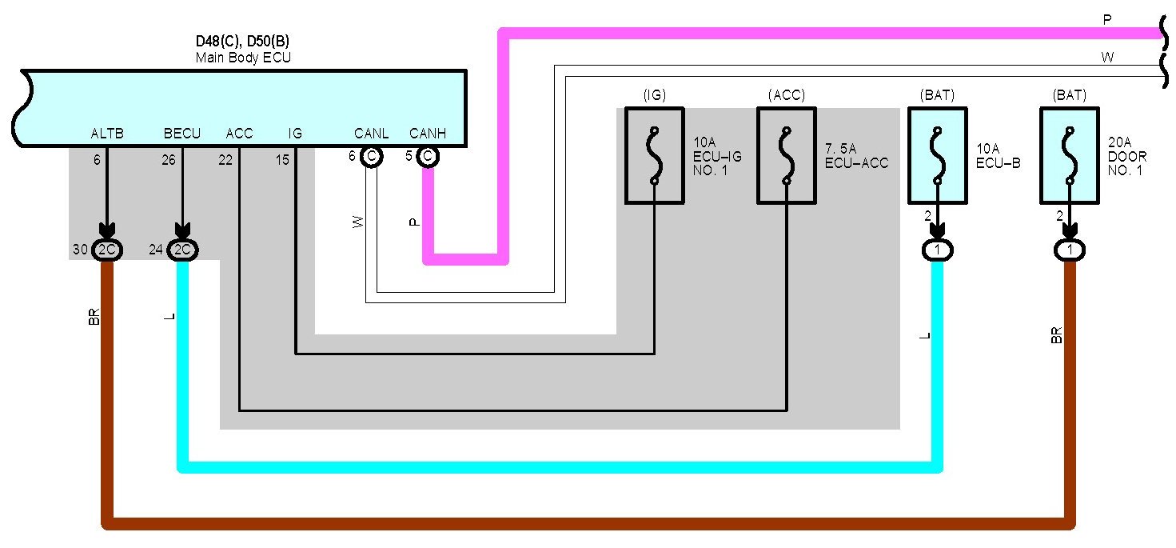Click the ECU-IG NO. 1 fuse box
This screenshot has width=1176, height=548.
click(654, 156)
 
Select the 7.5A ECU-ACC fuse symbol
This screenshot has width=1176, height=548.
click(787, 156)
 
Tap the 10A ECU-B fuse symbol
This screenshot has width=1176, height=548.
click(937, 156)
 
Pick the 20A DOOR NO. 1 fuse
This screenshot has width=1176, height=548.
click(1069, 156)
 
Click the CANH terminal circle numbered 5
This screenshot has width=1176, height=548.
click(428, 157)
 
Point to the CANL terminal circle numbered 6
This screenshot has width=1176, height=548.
click(371, 157)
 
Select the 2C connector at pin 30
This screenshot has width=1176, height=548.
click(107, 250)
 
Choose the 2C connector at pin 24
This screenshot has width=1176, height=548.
click(183, 250)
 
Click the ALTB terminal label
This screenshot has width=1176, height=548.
click(107, 134)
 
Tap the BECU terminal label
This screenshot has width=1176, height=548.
click(182, 134)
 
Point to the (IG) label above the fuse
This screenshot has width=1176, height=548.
click(654, 95)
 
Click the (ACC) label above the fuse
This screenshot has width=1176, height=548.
click(787, 95)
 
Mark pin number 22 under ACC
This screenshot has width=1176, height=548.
click(225, 160)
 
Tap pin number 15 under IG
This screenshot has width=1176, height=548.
click(282, 160)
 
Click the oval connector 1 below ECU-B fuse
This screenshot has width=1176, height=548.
click(937, 250)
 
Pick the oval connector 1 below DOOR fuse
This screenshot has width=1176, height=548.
click(1069, 250)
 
